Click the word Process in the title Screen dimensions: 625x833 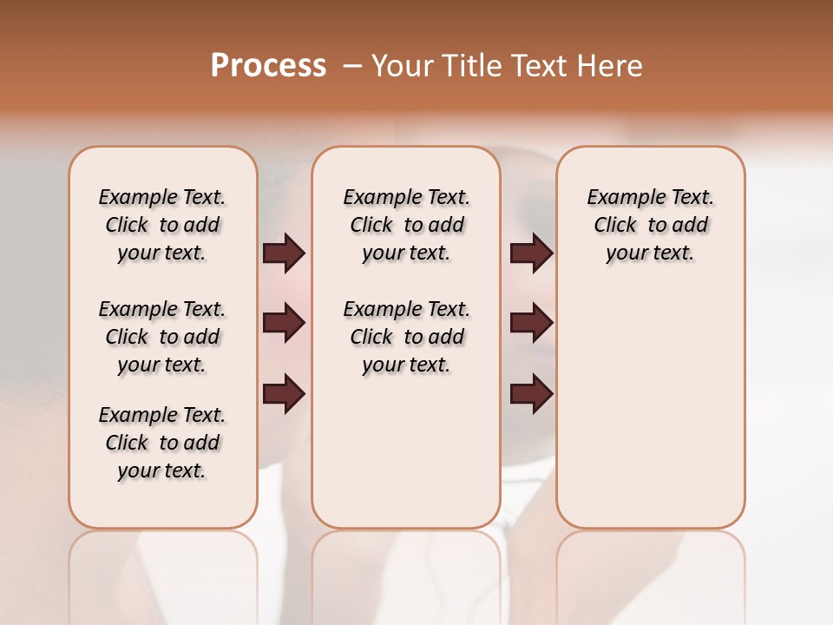click(268, 66)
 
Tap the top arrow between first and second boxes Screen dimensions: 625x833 click(284, 253)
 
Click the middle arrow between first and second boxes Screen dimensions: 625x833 click(284, 323)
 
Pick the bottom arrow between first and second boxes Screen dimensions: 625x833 click(284, 394)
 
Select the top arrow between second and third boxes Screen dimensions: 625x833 click(531, 253)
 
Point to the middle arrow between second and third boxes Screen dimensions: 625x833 click(531, 323)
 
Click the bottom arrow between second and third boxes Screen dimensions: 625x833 click(531, 394)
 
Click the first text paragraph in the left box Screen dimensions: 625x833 click(162, 225)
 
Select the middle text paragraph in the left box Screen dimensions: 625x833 click(162, 337)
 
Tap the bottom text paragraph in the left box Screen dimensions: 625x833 click(162, 443)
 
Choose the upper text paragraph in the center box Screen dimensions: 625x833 click(406, 225)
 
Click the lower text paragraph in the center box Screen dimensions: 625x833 click(406, 337)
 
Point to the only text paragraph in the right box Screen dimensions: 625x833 click(650, 225)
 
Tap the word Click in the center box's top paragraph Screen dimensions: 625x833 click(371, 226)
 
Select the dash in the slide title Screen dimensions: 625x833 click(352, 66)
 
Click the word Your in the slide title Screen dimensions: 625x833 click(403, 66)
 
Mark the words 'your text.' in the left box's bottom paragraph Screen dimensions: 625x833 click(162, 470)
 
